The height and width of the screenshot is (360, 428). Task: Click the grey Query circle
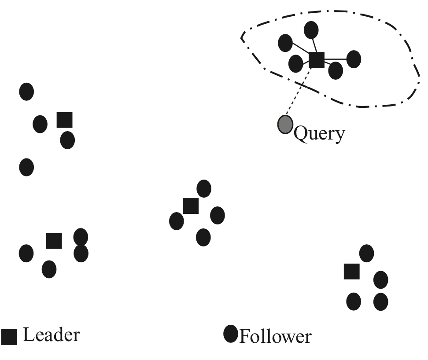285,124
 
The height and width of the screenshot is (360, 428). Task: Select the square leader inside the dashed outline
316,59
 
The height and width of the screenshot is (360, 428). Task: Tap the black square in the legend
9,337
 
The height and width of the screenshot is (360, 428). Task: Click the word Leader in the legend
51,335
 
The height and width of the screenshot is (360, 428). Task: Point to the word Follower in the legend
275,337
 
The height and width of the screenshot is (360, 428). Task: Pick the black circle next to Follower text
231,334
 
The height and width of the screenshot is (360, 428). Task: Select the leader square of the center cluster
190,206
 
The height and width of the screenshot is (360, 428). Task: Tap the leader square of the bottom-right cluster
351,271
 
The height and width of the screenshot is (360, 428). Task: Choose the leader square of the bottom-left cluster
54,241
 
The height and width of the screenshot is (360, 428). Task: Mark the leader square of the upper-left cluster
65,120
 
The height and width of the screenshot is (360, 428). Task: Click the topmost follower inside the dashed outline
311,30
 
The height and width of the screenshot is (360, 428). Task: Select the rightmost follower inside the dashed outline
354,59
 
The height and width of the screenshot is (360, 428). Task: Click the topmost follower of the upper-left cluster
26,92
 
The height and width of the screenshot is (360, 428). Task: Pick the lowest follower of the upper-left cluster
26,167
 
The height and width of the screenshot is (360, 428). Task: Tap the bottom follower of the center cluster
203,237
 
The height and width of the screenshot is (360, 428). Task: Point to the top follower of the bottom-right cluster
366,253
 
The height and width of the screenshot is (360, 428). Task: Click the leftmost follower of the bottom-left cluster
26,253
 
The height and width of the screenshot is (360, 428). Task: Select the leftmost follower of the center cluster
176,220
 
